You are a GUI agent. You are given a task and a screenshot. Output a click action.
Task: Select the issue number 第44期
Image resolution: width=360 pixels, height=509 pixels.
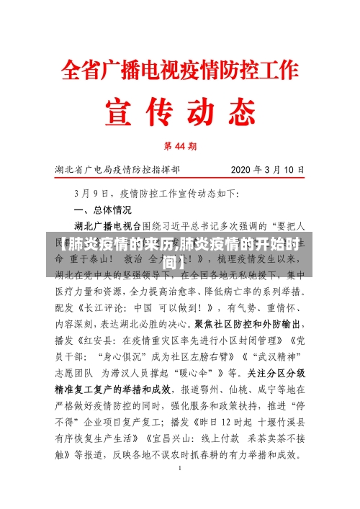180,145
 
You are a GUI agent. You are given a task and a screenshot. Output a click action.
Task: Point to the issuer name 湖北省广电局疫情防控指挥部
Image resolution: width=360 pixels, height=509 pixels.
118,171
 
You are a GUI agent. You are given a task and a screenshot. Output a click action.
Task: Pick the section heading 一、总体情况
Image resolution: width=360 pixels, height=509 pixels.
103,210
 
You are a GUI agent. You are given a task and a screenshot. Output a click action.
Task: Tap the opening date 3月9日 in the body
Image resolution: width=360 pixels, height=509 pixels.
91,194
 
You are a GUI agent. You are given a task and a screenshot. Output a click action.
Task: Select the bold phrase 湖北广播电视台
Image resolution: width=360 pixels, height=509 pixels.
108,226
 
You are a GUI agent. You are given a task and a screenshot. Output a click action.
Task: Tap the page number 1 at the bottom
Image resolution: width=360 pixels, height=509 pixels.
180,469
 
